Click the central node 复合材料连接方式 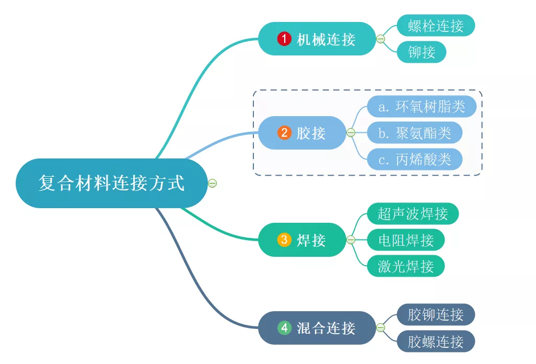coord(111,183)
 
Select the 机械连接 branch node coord(317,39)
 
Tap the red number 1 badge coord(284,39)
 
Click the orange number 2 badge coord(284,133)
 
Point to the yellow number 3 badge coord(284,240)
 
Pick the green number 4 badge coord(284,328)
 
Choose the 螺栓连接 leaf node coord(436,25)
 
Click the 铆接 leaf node coord(422,52)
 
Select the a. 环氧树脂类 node coord(422,107)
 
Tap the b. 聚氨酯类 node coord(415,133)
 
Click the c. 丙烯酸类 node coord(415,160)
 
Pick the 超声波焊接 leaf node coord(413,213)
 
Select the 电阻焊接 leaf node coord(406,240)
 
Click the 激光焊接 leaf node coord(406,266)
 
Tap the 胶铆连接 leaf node coord(436,315)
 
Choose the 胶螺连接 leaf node coord(436,342)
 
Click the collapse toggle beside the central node coord(212,183)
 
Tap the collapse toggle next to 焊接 coord(351,240)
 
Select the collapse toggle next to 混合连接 coord(381,328)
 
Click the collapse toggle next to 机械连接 coord(381,39)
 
